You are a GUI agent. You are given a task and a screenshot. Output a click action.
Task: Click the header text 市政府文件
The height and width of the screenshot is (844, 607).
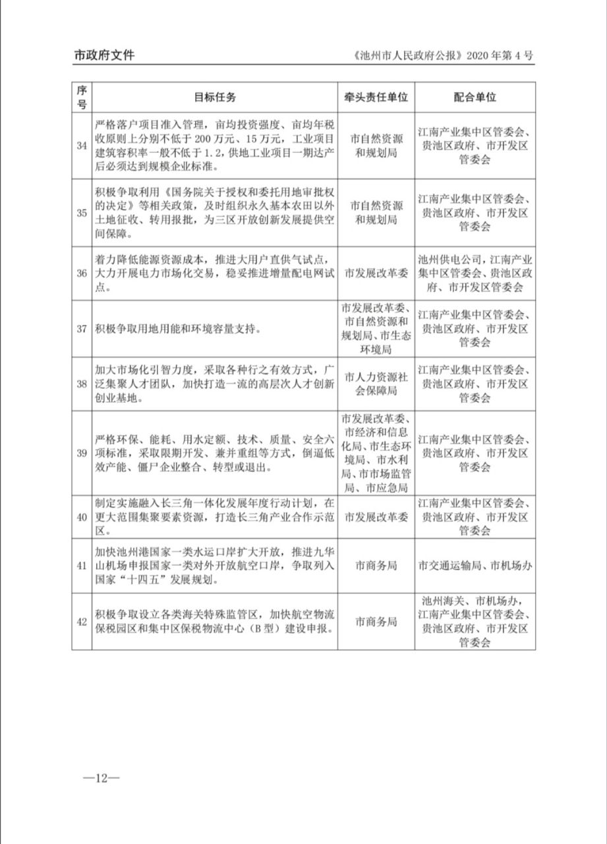click(x=103, y=56)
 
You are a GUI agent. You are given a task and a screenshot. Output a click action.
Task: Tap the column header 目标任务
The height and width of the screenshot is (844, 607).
click(x=214, y=97)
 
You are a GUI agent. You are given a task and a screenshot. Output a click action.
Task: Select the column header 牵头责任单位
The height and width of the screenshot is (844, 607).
click(x=376, y=97)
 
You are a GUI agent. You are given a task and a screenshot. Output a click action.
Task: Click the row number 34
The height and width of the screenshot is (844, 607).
click(x=82, y=146)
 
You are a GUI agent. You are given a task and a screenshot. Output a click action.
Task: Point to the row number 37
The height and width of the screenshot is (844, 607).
click(x=82, y=329)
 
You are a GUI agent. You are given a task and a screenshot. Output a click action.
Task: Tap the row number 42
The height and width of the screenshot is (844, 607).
click(x=82, y=621)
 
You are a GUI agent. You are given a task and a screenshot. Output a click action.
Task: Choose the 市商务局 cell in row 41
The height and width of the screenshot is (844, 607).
click(x=376, y=565)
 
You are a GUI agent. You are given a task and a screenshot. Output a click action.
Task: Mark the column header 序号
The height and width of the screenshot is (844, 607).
click(x=82, y=97)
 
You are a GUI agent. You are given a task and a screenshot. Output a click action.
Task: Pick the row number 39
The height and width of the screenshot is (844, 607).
click(x=82, y=453)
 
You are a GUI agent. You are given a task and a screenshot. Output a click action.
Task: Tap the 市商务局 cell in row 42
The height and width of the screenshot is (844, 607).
click(x=376, y=621)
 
